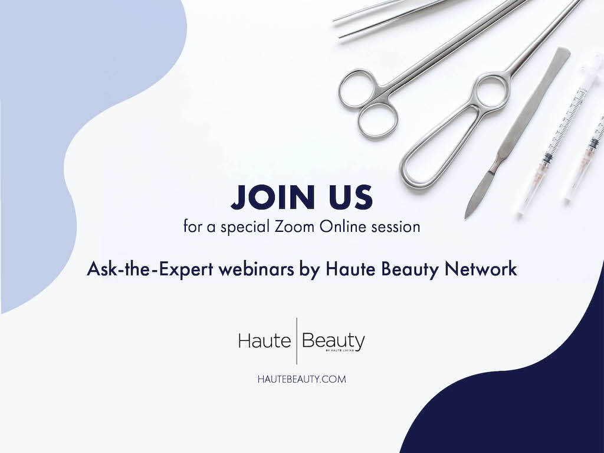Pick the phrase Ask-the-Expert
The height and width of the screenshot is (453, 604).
point(150,269)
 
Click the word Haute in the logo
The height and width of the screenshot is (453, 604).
point(265,341)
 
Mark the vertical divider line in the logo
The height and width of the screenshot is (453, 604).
point(297,341)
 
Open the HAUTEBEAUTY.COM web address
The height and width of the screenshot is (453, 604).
point(301,379)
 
